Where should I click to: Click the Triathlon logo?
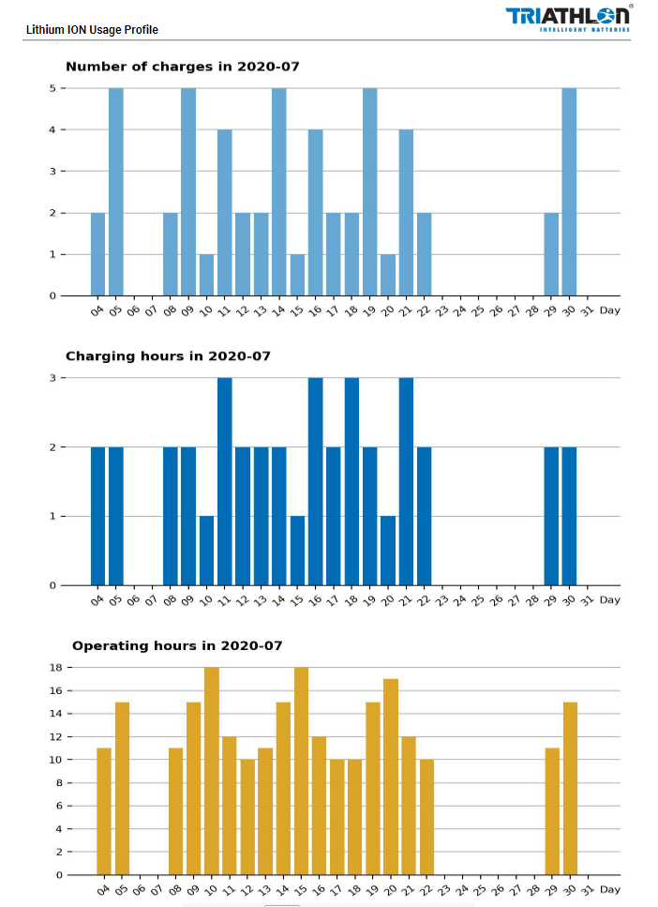point(569,19)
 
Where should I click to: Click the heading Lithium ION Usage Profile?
point(92,29)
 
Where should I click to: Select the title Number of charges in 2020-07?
point(183,67)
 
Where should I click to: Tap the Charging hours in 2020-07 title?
point(169,355)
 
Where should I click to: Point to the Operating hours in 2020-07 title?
point(177,645)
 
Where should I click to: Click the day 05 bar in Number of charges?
point(115,192)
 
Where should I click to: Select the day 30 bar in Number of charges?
point(569,192)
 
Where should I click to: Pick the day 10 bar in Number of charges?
point(206,275)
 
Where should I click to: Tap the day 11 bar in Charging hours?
point(224,481)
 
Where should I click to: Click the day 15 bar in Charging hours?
point(297,551)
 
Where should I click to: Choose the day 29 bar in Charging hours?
point(551,516)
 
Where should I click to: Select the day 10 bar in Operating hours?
point(212,771)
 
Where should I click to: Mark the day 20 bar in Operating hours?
point(391,777)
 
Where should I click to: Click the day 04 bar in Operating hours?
point(104,811)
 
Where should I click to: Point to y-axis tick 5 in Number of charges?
point(52,88)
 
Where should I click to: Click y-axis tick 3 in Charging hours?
point(52,378)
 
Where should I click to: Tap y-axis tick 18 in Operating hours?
point(55,668)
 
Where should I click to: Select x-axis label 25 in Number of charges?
point(477,311)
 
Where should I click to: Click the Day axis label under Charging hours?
point(610,600)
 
